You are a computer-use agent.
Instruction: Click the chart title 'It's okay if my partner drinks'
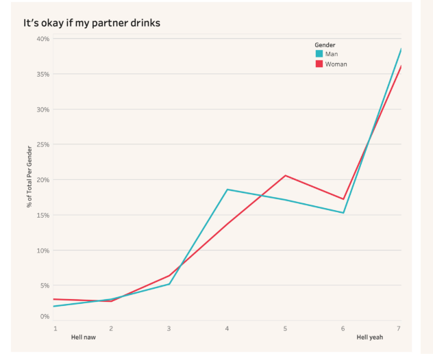[x=92, y=23]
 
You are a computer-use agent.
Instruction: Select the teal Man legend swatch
[x=319, y=53]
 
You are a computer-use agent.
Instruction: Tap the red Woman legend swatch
[x=319, y=64]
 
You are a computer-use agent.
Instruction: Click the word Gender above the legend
[x=325, y=45]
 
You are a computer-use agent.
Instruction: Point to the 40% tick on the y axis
[x=43, y=39]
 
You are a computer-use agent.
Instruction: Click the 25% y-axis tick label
[x=43, y=144]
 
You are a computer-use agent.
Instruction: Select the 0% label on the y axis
[x=45, y=316]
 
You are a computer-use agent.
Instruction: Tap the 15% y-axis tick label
[x=43, y=215]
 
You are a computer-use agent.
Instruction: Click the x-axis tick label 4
[x=227, y=329]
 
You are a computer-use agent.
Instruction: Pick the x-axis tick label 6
[x=343, y=329]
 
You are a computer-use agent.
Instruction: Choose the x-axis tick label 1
[x=55, y=329]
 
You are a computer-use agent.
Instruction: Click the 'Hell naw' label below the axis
[x=84, y=337]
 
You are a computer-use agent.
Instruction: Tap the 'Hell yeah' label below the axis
[x=370, y=337]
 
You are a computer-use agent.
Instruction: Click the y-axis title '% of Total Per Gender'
[x=29, y=177]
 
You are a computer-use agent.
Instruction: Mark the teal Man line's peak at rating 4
[x=227, y=190]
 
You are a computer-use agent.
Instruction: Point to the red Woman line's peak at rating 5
[x=285, y=175]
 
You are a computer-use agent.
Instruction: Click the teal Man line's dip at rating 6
[x=343, y=213]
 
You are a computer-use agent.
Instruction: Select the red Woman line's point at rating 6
[x=343, y=199]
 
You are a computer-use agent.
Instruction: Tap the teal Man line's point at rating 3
[x=169, y=284]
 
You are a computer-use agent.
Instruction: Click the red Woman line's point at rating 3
[x=169, y=275]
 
